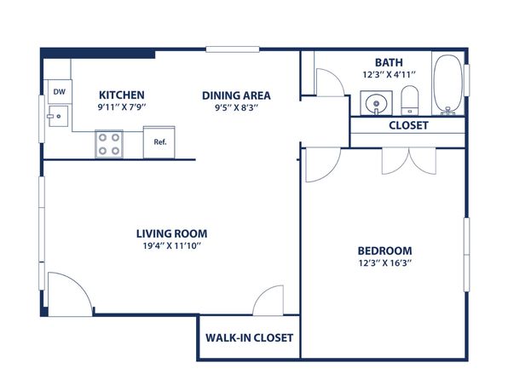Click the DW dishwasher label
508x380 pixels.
point(60,92)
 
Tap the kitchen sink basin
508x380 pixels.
point(58,116)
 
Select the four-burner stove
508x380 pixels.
point(109,144)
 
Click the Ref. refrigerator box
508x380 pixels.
point(159,142)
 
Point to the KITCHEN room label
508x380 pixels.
point(122,95)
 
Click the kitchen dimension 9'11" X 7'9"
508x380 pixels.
point(122,107)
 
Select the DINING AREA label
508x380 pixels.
point(236,96)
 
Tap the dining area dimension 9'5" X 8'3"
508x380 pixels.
point(236,108)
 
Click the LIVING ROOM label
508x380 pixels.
point(171,234)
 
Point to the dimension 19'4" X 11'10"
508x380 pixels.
point(172,246)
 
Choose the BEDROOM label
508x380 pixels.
point(385,251)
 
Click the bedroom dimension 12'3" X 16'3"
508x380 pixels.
point(385,263)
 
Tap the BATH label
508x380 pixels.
point(389,62)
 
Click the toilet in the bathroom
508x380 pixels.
point(410,101)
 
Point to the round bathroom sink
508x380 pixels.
point(376,103)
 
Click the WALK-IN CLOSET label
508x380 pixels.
point(249,338)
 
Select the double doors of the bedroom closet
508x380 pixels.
point(409,161)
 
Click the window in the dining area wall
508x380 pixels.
point(233,49)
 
